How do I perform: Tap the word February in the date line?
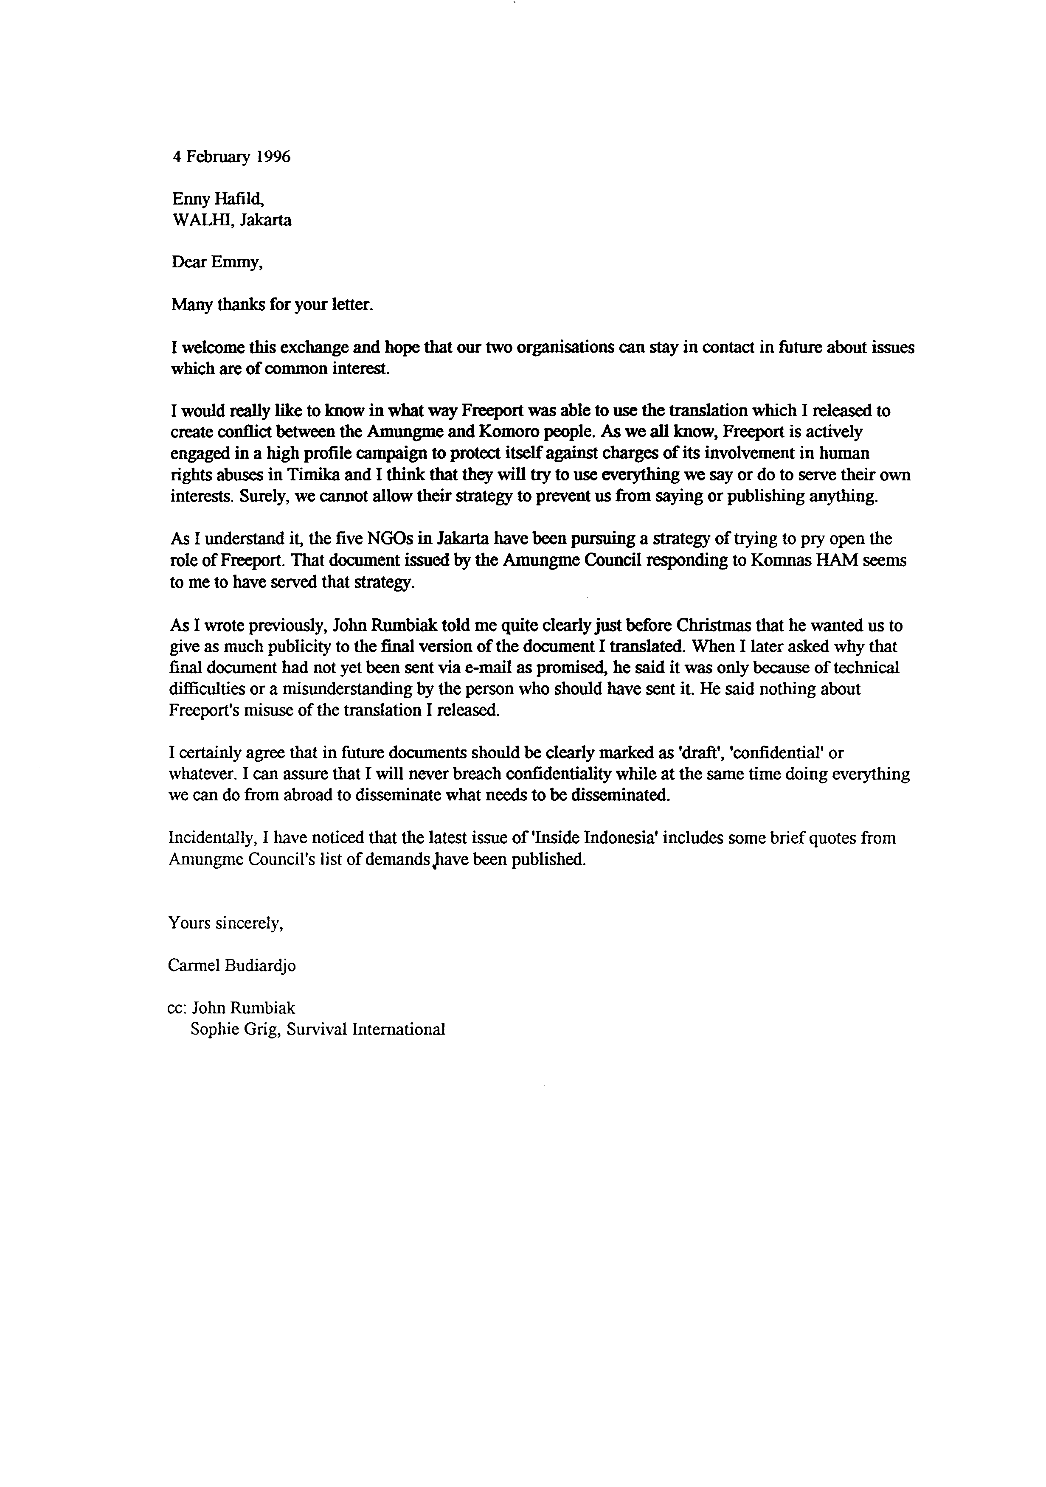(x=217, y=158)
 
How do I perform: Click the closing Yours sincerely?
(x=226, y=923)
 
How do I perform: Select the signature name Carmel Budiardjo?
(x=231, y=965)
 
